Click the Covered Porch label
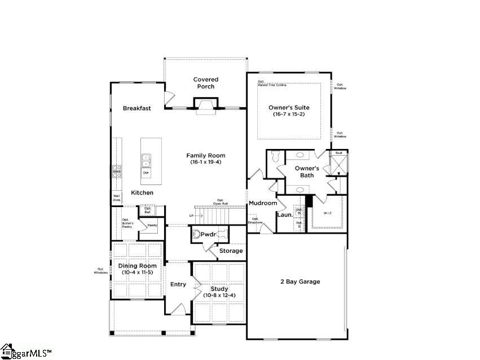(x=205, y=83)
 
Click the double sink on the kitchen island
(x=146, y=160)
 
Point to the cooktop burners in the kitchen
(x=117, y=171)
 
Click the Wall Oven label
(x=116, y=197)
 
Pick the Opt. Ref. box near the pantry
(x=148, y=210)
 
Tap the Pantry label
(x=152, y=225)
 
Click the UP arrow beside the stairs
(x=191, y=216)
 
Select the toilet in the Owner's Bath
(x=276, y=158)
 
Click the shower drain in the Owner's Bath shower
(x=339, y=164)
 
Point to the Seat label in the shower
(x=339, y=152)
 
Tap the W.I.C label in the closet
(x=328, y=213)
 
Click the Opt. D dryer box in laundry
(x=300, y=224)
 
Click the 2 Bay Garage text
(x=300, y=282)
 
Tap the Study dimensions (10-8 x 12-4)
(x=219, y=295)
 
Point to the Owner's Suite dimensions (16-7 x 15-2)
(x=289, y=114)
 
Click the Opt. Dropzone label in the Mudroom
(x=255, y=221)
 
